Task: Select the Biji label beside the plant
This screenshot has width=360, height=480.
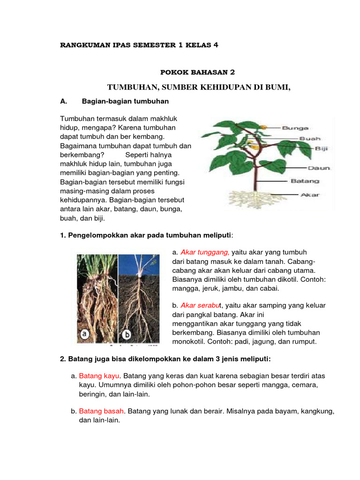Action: pos(321,149)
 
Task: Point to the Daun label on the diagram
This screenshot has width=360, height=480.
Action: pos(319,167)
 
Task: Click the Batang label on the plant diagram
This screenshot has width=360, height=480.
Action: pos(305,180)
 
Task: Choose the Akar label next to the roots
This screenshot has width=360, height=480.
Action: pos(310,195)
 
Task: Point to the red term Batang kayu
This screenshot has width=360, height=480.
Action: pos(99,376)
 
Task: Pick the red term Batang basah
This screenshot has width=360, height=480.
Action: pos(101,411)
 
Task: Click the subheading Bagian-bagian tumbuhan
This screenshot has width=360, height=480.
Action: pos(125,101)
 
